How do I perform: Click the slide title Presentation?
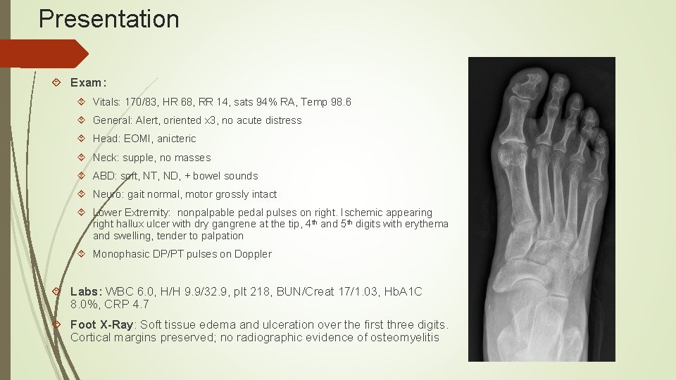[109, 19]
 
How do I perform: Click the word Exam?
[85, 84]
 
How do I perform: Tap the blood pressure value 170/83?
[144, 102]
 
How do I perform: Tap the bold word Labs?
[86, 291]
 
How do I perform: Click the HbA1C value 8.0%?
[84, 304]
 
